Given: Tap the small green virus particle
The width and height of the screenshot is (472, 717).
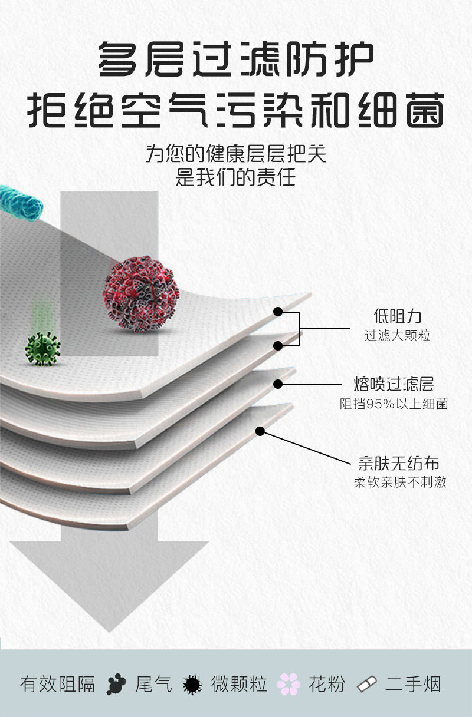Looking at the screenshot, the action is point(42,348).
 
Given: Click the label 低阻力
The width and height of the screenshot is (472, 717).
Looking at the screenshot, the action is point(398,316).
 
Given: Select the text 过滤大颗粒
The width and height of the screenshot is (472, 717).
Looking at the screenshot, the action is point(398,336).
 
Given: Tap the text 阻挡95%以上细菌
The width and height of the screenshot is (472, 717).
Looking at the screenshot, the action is point(394,404).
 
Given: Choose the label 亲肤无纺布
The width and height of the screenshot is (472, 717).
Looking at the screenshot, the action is point(399,462).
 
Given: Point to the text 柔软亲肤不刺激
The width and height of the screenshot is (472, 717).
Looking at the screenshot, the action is point(400,482).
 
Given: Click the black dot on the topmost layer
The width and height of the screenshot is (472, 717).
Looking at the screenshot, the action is point(278,311).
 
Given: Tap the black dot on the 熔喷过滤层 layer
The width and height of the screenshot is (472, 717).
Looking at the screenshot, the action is point(278,384).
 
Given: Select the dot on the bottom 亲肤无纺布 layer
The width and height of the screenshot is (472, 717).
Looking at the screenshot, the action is point(260,431).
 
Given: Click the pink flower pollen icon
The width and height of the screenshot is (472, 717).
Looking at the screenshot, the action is point(289,684).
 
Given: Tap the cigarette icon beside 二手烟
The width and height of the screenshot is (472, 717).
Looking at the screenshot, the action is point(367,685).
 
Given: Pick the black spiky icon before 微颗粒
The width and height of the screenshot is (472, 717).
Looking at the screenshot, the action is point(192,685).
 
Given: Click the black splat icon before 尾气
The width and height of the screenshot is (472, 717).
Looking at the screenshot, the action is point(117,685).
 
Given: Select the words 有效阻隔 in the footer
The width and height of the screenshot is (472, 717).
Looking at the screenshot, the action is point(57,685).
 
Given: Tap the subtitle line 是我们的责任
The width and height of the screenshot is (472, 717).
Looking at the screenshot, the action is point(235,177).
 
